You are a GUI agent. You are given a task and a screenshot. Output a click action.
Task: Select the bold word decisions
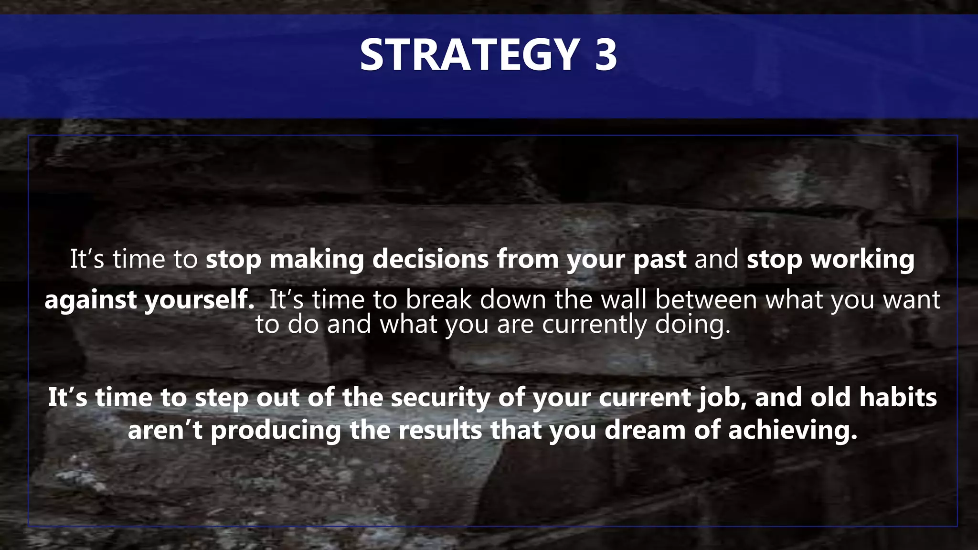[x=430, y=259]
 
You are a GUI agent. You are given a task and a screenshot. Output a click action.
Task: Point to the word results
[x=440, y=430]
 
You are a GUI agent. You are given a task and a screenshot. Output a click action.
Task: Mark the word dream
[x=645, y=430]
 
